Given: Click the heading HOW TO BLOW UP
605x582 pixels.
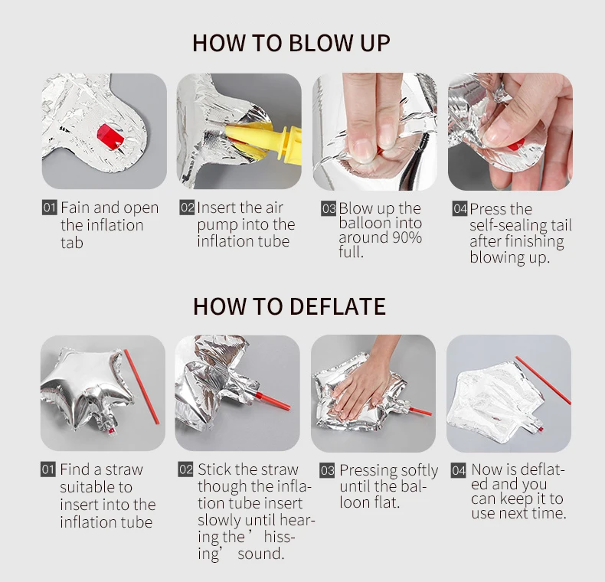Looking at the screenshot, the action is click(291, 43).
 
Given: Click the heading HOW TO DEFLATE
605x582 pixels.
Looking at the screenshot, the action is click(289, 306).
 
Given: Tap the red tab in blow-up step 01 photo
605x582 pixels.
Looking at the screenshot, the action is click(111, 136).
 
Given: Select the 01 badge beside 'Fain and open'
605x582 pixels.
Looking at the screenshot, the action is click(49, 208).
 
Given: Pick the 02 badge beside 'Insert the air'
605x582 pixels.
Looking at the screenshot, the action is click(187, 208).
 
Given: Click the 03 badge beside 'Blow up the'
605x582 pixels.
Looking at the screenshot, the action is click(329, 208).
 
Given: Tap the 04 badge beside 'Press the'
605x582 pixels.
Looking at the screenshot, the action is click(460, 209).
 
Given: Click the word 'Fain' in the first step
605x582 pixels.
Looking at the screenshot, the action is click(75, 208).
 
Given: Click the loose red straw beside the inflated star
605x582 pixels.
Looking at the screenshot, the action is click(141, 387).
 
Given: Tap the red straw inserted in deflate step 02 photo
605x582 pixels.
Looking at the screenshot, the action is click(272, 401).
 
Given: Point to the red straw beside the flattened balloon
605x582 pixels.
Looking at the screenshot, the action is click(543, 380).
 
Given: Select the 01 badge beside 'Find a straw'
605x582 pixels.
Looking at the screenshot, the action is click(48, 469).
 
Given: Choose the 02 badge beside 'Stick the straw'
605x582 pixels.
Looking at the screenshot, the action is click(185, 469).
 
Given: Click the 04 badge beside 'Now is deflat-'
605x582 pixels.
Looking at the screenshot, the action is click(459, 470).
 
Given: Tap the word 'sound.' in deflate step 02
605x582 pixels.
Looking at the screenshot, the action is click(261, 554).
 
